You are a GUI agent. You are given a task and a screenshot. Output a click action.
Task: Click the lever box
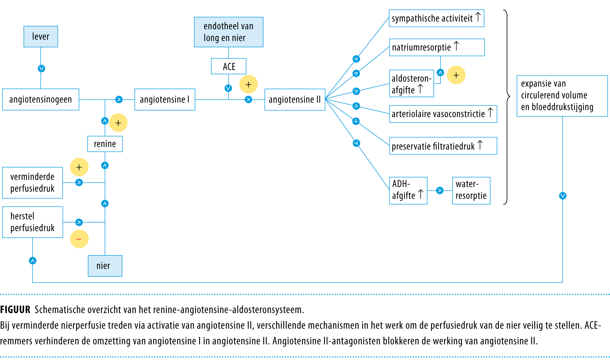click(41, 37)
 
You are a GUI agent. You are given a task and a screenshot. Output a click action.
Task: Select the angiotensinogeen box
click(41, 100)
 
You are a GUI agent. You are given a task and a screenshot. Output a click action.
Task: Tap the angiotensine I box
click(165, 100)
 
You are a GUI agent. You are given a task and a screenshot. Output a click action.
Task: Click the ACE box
click(229, 66)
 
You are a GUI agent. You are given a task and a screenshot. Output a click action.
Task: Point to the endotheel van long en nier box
click(228, 32)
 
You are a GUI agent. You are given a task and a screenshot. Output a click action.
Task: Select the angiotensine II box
click(295, 100)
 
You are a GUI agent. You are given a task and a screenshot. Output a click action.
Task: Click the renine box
click(105, 144)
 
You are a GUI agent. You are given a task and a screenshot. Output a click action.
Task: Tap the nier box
click(105, 266)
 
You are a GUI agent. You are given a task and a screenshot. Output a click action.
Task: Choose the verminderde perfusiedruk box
click(33, 183)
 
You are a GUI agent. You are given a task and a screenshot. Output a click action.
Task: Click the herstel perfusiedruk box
click(33, 222)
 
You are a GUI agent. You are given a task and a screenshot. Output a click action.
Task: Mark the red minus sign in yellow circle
click(79, 239)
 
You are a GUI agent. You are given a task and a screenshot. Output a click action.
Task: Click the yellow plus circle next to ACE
click(249, 84)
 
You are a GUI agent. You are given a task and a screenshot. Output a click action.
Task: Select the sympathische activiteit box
click(436, 18)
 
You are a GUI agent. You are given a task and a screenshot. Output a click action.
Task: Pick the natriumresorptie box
click(437, 47)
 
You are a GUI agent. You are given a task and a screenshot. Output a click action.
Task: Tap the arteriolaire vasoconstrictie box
click(443, 114)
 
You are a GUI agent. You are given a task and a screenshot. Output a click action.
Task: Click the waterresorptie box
click(471, 190)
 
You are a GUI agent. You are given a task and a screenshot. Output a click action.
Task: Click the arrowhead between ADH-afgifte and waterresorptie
click(440, 190)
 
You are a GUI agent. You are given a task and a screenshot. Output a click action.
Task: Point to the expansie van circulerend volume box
click(562, 96)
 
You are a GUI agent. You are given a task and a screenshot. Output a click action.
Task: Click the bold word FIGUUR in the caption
click(15, 310)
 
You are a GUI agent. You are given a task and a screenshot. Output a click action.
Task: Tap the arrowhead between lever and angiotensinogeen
click(41, 68)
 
